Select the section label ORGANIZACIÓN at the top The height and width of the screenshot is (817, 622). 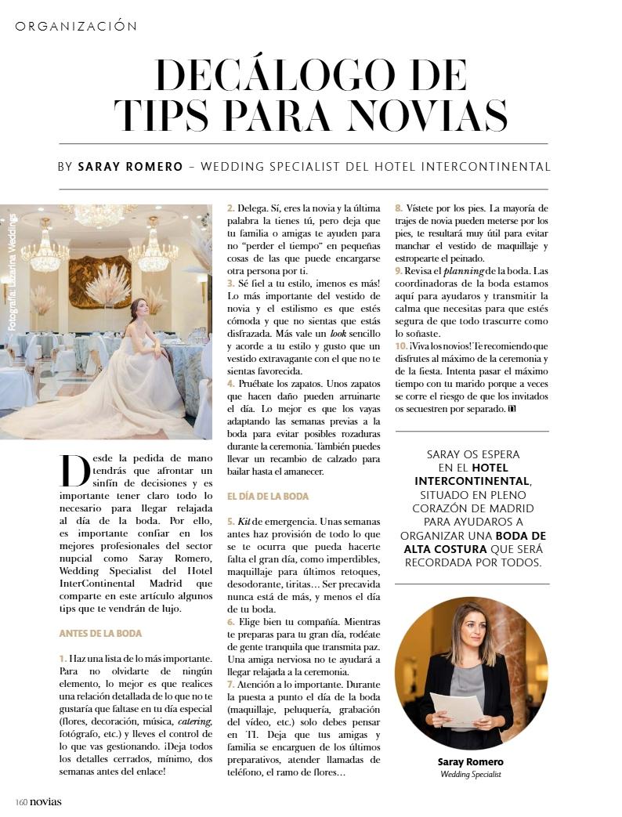tap(76, 26)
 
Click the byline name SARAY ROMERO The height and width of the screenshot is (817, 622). tap(130, 167)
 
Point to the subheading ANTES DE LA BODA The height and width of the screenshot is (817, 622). tap(100, 633)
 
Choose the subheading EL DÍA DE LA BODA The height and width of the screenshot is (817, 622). tap(267, 496)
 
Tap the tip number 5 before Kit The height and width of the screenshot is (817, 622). tap(230, 521)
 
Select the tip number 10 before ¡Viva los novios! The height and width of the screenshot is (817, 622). tap(400, 345)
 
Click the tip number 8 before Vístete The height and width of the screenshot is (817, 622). tap(398, 208)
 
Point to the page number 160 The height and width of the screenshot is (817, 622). tap(21, 801)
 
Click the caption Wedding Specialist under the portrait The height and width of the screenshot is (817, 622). tap(470, 775)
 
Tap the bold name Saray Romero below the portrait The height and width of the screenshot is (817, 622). tap(470, 762)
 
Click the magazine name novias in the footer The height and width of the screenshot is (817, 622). tap(45, 801)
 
